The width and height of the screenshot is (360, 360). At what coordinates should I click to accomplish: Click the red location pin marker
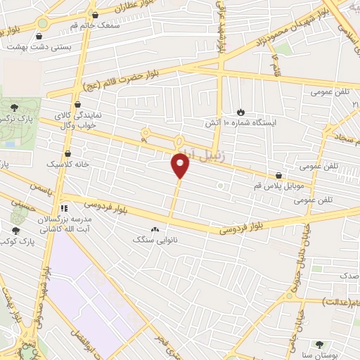(181, 166)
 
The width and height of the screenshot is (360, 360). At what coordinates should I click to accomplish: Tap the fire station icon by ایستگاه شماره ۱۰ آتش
(241, 112)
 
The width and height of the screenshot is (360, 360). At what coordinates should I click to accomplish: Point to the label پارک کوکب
(15, 241)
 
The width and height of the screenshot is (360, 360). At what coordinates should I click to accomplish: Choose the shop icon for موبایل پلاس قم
(280, 176)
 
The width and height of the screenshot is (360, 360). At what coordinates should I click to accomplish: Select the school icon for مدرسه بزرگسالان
(64, 208)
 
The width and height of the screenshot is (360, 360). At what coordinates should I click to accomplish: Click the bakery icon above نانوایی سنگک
(155, 229)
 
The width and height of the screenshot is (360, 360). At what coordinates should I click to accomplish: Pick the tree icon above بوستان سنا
(321, 344)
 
